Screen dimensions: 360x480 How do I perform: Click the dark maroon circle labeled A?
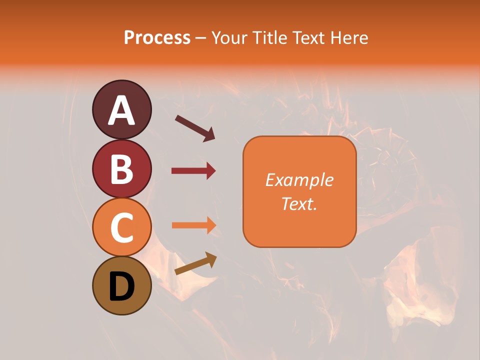click(121, 109)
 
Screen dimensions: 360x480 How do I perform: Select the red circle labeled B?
click(121, 168)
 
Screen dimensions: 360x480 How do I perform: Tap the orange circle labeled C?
click(121, 227)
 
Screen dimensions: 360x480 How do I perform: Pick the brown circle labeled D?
click(121, 285)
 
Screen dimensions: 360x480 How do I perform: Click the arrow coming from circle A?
click(194, 127)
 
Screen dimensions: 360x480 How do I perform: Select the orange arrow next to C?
click(193, 225)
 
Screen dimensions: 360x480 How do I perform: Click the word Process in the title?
click(157, 38)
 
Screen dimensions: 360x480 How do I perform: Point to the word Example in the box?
click(299, 180)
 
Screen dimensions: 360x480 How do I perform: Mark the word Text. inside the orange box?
click(299, 203)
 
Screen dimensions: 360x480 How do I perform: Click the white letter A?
click(122, 110)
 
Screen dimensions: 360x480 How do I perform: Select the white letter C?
click(121, 228)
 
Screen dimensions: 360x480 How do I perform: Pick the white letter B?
click(122, 169)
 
